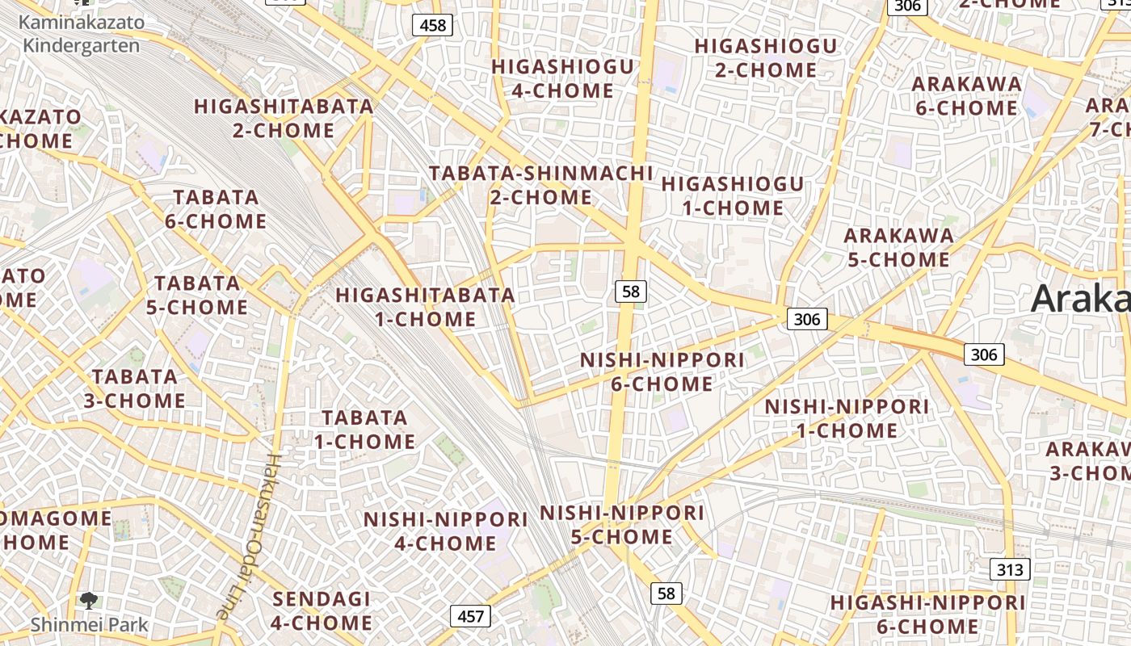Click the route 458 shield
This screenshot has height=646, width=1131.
tap(433, 25)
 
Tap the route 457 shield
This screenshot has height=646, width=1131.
tap(470, 617)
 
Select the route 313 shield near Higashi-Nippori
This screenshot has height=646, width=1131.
tap(1009, 569)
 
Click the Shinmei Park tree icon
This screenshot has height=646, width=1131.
tap(88, 600)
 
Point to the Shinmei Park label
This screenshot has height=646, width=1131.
tap(90, 624)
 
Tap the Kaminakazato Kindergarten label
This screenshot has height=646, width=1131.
tap(81, 33)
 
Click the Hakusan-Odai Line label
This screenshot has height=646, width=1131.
tap(249, 536)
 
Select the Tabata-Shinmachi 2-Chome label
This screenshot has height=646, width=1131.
tap(541, 185)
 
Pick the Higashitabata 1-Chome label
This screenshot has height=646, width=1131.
tap(426, 307)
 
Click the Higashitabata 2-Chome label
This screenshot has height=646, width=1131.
tap(284, 118)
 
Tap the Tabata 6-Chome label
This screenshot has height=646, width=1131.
tap(216, 209)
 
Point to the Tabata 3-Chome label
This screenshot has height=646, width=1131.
tap(135, 388)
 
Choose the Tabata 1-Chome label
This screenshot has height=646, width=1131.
tap(365, 430)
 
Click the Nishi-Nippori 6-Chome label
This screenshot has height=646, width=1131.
tap(662, 371)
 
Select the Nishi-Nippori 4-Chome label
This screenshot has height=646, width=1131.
tap(445, 531)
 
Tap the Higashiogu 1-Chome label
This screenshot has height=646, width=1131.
tap(733, 195)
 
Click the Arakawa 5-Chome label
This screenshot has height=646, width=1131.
tap(898, 247)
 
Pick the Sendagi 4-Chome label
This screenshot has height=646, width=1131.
tap(322, 610)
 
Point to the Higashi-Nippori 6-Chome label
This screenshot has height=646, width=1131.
tap(927, 614)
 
